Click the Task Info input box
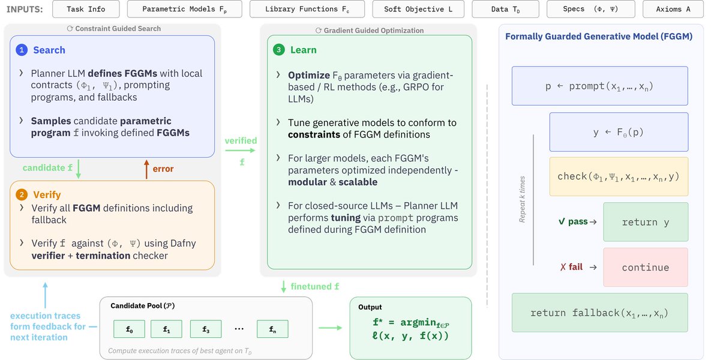point(86,10)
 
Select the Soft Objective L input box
point(418,10)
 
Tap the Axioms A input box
point(673,10)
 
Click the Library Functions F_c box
point(306,10)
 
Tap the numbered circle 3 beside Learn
point(279,50)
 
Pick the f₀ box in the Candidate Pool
point(129,329)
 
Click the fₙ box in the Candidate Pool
point(272,329)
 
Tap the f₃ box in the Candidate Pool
point(206,329)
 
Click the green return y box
point(645,222)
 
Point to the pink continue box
point(645,268)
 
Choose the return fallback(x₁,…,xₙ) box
point(599,313)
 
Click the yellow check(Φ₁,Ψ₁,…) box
point(619,176)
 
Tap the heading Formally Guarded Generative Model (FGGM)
point(599,37)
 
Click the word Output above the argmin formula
point(370,307)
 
